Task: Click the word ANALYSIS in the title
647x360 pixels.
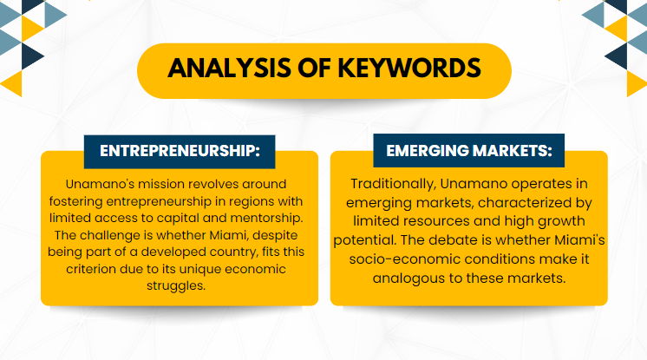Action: point(229,69)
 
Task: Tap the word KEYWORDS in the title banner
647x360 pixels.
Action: point(409,69)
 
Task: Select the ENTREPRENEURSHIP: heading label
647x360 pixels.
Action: point(180,151)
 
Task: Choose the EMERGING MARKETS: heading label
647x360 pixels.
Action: point(468,151)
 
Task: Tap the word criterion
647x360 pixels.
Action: point(91,269)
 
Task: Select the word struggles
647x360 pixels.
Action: point(176,285)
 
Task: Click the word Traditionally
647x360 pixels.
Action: point(393,184)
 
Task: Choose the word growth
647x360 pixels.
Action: point(561,221)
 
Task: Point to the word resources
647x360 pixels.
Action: point(436,221)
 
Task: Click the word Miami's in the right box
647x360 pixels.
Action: point(579,240)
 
